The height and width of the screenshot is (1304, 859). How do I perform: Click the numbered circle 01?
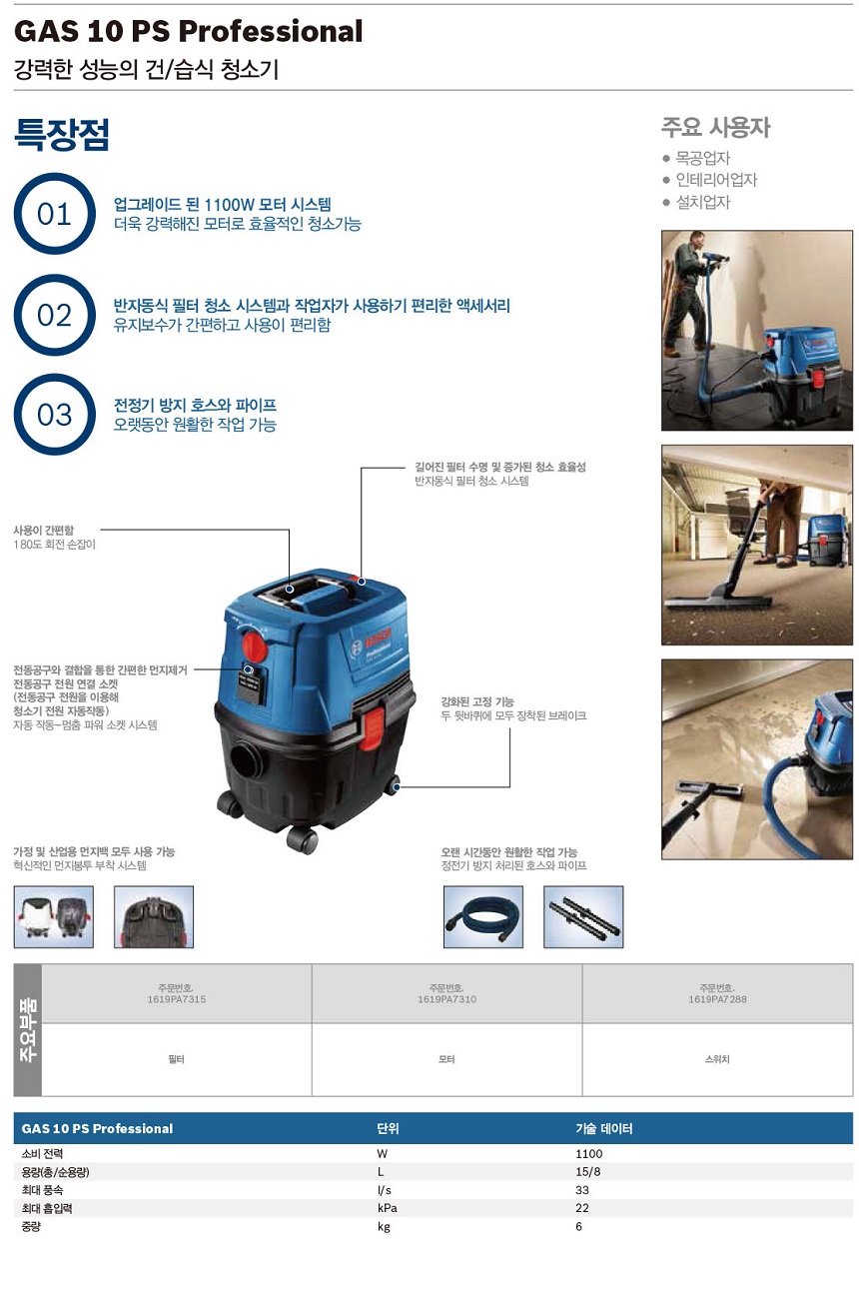point(54,213)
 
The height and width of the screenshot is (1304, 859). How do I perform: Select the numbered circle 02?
point(54,315)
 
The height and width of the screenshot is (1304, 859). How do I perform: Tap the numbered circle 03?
point(54,414)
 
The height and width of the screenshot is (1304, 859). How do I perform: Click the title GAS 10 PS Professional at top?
point(188,31)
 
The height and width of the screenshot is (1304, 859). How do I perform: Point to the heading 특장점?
point(62,135)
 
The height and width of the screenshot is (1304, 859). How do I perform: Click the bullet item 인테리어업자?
point(716,180)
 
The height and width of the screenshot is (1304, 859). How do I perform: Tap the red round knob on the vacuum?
point(254,646)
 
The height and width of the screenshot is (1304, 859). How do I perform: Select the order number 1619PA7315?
point(177,999)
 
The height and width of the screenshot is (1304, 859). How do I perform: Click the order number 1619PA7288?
point(717,999)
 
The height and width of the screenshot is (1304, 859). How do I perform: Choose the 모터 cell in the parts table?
point(446,1059)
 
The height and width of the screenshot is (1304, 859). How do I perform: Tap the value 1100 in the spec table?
point(589,1153)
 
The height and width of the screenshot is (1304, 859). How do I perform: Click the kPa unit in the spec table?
point(387,1208)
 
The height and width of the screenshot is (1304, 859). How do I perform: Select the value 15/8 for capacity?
point(587,1171)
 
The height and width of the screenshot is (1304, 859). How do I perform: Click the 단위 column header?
point(388,1128)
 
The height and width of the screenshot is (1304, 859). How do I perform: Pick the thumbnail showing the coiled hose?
point(483,917)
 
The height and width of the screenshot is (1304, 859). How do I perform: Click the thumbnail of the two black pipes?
point(583,917)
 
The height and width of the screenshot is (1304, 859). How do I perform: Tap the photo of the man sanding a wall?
point(756,331)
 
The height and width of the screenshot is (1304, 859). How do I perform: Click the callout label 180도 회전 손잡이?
point(54,545)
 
